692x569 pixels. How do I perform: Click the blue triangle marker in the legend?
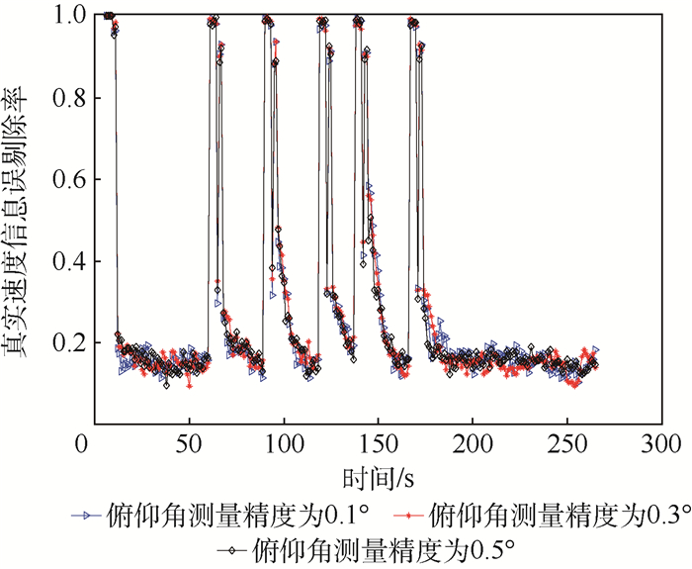click(x=86, y=516)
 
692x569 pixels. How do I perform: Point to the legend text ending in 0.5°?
click(x=386, y=547)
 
